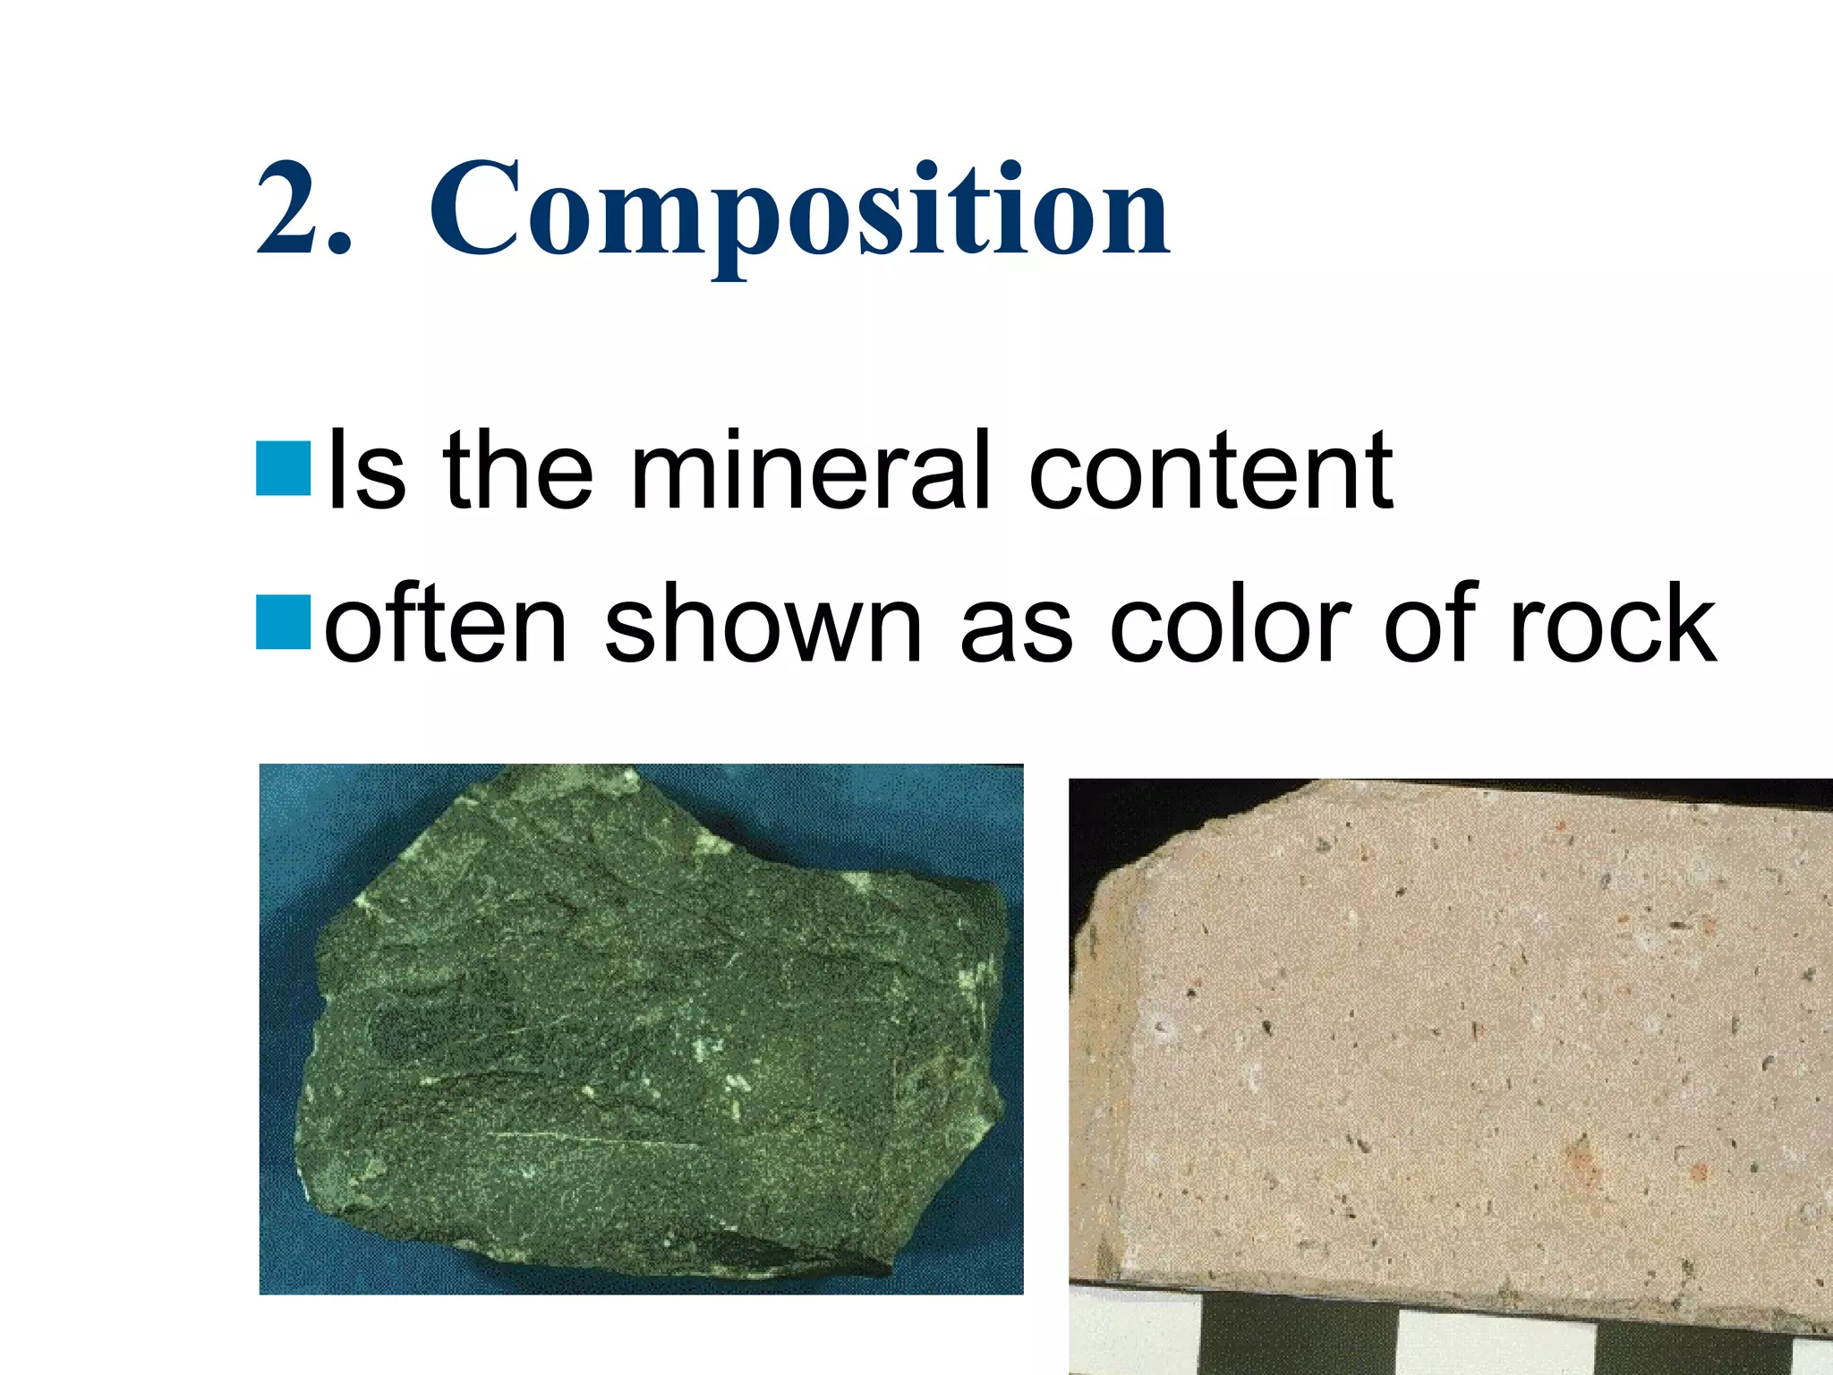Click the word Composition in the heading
pos(799,211)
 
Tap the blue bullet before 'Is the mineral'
pos(283,468)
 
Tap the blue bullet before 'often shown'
pos(283,621)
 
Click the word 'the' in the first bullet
pos(517,471)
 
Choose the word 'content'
pos(1210,471)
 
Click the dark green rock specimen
pos(653,1029)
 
